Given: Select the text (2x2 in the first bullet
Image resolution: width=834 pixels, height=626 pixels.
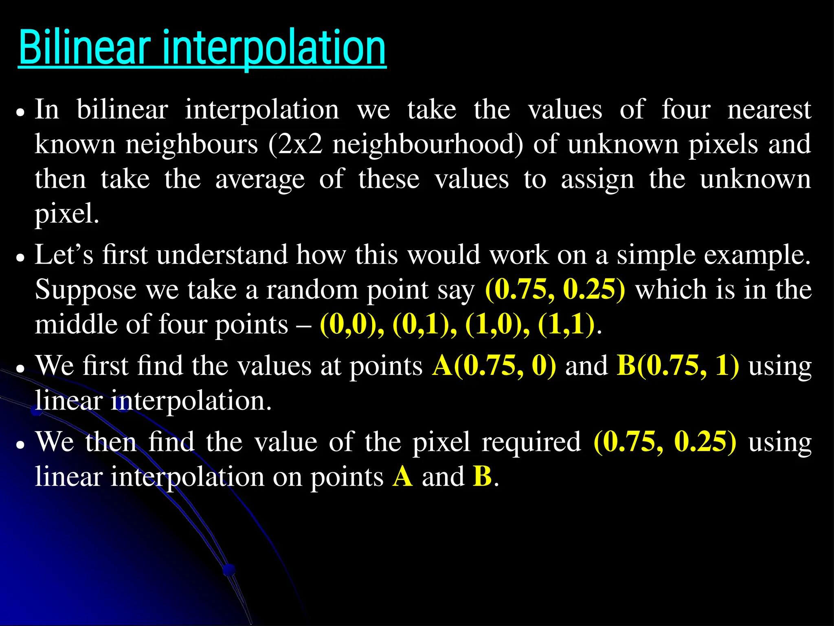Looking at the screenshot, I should [296, 144].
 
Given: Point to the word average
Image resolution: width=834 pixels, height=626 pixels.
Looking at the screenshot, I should [260, 179].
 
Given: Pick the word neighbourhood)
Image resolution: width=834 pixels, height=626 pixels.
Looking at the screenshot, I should [428, 144].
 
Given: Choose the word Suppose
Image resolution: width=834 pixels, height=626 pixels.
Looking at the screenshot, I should [86, 290].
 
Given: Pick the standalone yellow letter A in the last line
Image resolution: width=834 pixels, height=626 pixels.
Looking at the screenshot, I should [403, 476].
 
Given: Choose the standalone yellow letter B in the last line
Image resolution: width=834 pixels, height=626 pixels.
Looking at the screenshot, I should [483, 476].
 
